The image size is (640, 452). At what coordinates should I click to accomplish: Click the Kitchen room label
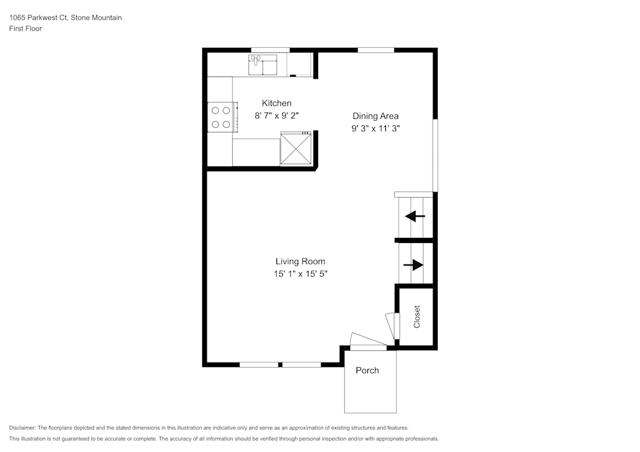point(276,103)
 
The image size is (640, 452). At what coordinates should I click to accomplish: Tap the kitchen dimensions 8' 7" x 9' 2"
point(276,116)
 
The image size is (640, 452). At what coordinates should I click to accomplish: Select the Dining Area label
point(376,116)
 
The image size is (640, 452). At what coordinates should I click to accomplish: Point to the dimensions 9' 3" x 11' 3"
point(376,129)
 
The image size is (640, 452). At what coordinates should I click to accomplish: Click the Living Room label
point(300,261)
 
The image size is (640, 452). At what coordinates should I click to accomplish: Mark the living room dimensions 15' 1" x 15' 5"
point(300,274)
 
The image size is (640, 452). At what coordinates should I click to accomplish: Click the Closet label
point(417,316)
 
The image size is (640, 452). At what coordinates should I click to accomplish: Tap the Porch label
point(367,370)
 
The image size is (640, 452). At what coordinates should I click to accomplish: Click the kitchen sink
point(263,65)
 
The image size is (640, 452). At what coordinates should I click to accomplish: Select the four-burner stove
point(221,117)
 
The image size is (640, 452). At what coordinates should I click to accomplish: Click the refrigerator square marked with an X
point(296,148)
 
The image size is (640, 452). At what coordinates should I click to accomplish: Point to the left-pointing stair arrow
point(415,216)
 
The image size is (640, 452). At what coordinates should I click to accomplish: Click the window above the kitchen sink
point(270,50)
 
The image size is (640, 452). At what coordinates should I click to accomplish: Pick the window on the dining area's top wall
point(376,50)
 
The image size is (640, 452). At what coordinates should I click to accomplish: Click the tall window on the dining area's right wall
point(435,154)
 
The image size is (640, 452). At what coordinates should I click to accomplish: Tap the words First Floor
point(26,29)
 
